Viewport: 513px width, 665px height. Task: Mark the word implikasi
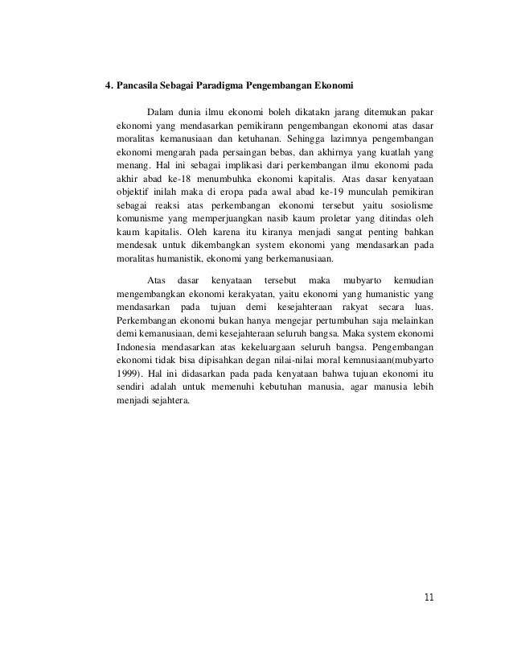pyautogui.click(x=206, y=165)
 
